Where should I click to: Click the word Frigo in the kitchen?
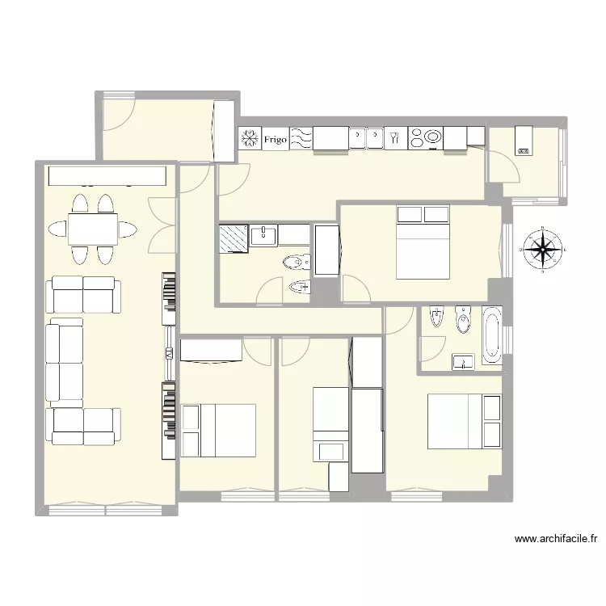(x=276, y=139)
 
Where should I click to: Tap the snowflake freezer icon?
(x=250, y=138)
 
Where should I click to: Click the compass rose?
(x=543, y=250)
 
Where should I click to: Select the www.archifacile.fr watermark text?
(x=556, y=538)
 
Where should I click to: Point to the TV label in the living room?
(x=169, y=353)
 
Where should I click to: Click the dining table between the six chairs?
(x=93, y=229)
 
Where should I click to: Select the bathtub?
(x=491, y=335)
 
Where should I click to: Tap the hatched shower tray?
(x=234, y=239)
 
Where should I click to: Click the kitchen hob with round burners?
(x=426, y=138)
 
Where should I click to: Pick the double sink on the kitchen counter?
(x=366, y=138)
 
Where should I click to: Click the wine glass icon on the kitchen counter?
(x=395, y=138)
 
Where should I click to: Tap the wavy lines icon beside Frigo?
(x=301, y=138)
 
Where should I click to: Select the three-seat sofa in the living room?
(x=64, y=363)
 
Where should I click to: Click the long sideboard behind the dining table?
(x=107, y=176)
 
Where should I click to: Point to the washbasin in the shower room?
(x=264, y=235)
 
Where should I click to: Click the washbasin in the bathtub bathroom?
(x=463, y=362)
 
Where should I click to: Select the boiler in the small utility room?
(x=524, y=141)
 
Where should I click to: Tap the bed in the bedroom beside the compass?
(x=423, y=242)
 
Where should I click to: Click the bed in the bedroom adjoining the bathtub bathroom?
(x=465, y=421)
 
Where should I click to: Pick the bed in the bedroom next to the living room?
(x=218, y=431)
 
